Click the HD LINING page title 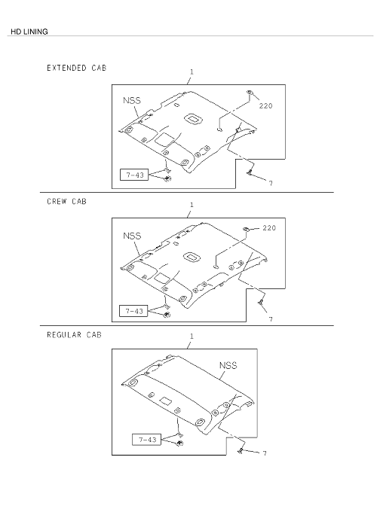[x=29, y=32]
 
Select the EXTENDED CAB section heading [x=76, y=68]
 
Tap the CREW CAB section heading [x=66, y=202]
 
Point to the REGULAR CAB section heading [x=74, y=335]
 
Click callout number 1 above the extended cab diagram [x=192, y=72]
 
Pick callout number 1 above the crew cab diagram [x=192, y=205]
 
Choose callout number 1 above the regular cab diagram [x=192, y=336]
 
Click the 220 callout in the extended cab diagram [x=266, y=106]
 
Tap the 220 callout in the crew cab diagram [x=269, y=228]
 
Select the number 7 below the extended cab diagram [x=271, y=184]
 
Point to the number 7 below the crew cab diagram [x=271, y=319]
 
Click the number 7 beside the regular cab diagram [x=265, y=453]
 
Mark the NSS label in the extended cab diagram [x=132, y=100]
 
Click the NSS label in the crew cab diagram [x=132, y=236]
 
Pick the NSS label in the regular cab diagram [x=228, y=365]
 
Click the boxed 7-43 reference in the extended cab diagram [x=134, y=175]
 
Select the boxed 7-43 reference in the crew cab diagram [x=133, y=311]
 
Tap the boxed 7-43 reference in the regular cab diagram [x=146, y=440]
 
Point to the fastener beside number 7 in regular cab [x=241, y=451]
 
